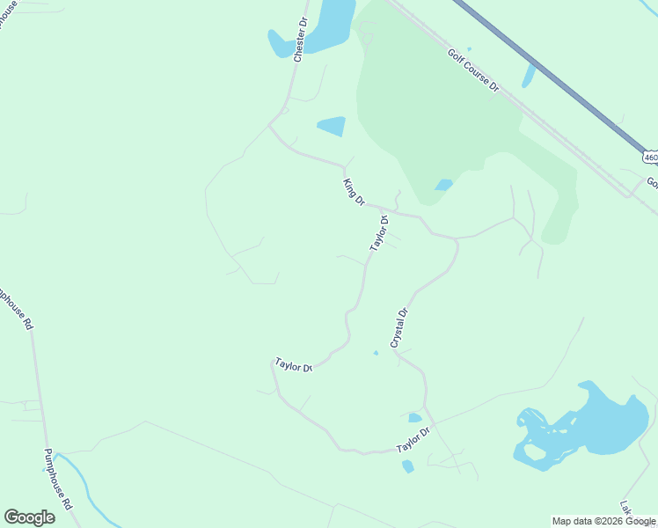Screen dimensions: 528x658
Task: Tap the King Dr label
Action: [x=354, y=192]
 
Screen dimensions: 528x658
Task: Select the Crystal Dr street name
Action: [x=400, y=326]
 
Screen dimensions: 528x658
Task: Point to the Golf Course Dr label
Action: [x=473, y=70]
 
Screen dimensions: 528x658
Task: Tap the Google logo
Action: [x=29, y=517]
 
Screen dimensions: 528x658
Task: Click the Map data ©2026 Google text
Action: [x=603, y=521]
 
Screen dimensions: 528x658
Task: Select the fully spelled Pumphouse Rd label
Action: [x=57, y=480]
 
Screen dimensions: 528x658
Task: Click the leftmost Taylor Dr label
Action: [x=294, y=364]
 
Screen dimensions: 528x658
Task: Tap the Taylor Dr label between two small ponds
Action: [x=413, y=440]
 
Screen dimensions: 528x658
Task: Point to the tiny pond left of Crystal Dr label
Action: [x=376, y=353]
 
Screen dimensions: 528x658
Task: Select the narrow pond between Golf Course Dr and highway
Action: [x=528, y=77]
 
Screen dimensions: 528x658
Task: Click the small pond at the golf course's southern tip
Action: [x=443, y=185]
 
